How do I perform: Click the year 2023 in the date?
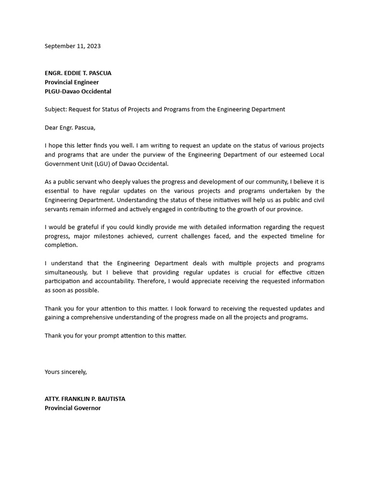[x=93, y=46]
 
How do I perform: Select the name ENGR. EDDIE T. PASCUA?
[x=78, y=73]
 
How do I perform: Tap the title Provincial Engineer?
[x=72, y=82]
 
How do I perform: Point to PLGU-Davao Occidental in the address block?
[x=78, y=91]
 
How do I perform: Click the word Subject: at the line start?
[x=55, y=109]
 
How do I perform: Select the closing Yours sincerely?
[x=66, y=372]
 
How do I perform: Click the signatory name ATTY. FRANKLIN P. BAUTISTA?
[x=85, y=399]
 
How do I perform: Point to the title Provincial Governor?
[x=73, y=408]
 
